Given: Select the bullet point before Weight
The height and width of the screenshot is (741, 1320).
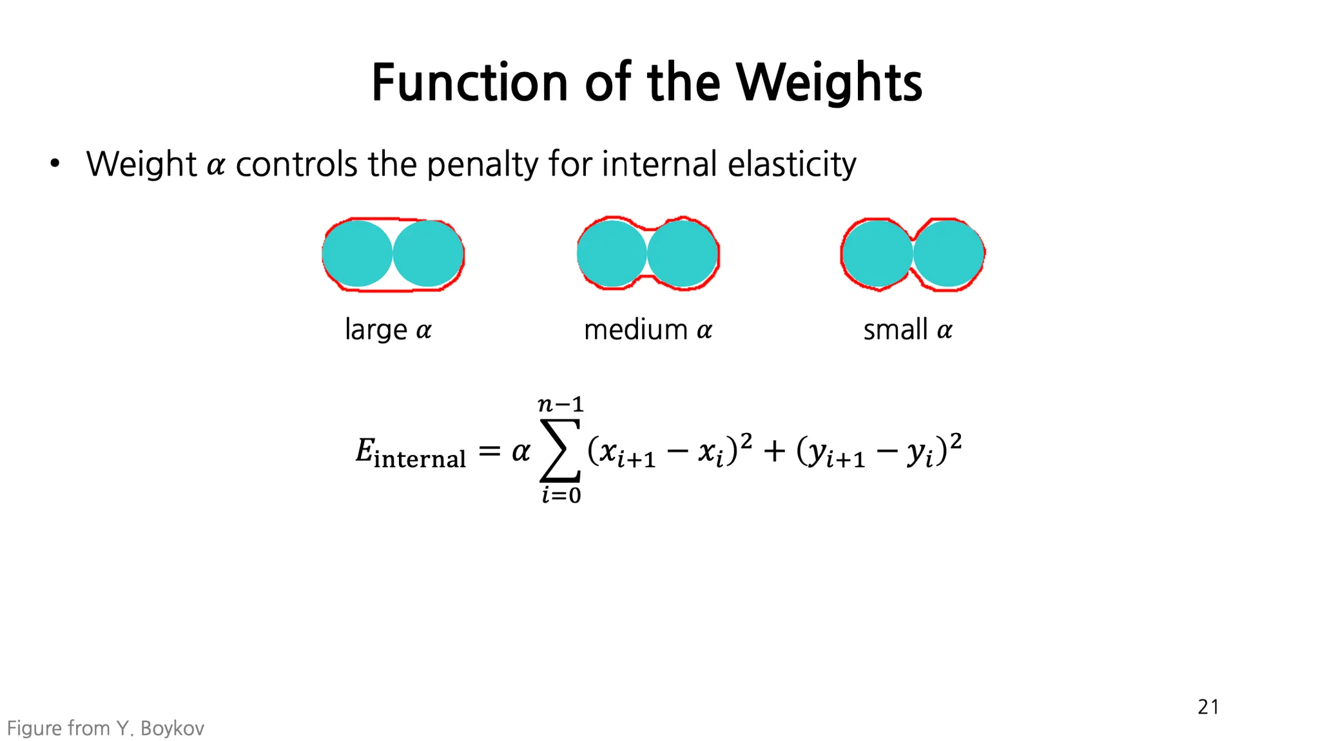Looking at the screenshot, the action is pos(55,164).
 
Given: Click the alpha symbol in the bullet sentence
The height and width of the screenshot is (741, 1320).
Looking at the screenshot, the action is pos(216,166).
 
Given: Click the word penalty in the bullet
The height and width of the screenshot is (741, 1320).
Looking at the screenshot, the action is pos(482,165).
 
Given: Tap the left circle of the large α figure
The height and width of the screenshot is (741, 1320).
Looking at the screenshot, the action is pos(358,254).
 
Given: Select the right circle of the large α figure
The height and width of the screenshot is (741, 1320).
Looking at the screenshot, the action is pos(428,254).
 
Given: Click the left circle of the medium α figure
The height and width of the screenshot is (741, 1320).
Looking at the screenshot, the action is pos(612,254).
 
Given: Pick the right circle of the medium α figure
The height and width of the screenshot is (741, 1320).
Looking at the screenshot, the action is pos(683,254).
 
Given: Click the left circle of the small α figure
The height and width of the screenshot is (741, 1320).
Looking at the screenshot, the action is pos(877,254).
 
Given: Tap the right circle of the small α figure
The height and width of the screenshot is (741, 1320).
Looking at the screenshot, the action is pos(948,254).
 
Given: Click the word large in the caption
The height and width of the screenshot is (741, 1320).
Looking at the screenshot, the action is pos(376,331).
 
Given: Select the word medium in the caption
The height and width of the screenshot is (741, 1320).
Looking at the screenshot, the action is pos(636,330).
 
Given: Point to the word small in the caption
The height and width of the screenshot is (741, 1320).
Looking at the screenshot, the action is pos(895,330).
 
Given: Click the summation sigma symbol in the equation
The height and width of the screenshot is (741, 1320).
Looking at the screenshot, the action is pos(559,451).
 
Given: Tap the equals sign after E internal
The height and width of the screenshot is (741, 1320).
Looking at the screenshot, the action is pos(489,452).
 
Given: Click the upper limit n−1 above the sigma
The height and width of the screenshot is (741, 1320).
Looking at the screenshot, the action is pos(560,405).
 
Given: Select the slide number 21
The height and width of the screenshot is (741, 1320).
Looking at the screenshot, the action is pos(1208,707).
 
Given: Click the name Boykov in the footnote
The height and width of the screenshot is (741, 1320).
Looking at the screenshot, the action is pos(172,729).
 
